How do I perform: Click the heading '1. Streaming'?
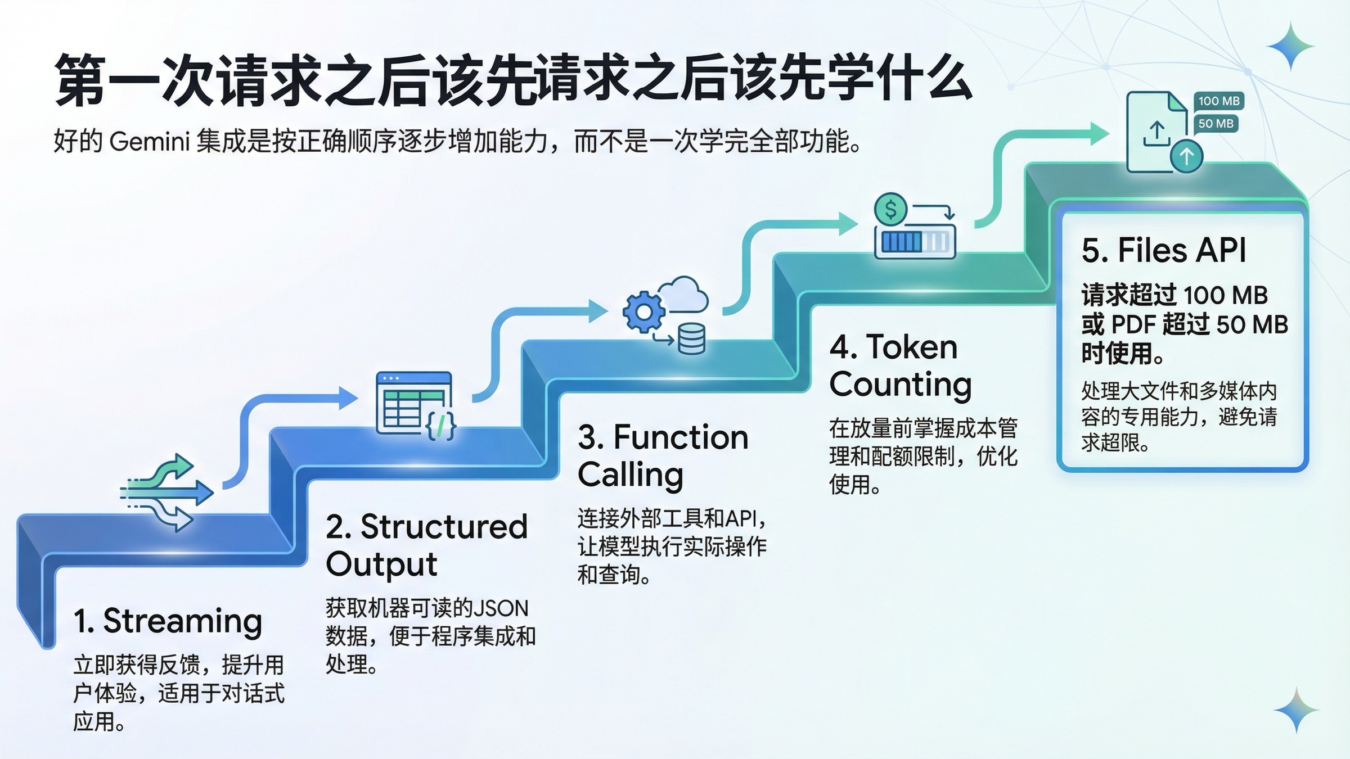pos(168,621)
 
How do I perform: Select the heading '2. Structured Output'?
pos(426,545)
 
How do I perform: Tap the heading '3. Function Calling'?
pos(662,455)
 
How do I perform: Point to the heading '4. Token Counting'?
pos(900,365)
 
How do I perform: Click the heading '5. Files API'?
pos(1163,250)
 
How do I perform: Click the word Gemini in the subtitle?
pos(149,141)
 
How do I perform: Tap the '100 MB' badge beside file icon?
pos(1218,101)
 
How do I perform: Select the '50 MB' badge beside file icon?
pos(1216,124)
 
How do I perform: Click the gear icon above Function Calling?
pos(643,311)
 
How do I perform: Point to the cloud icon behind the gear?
pos(683,293)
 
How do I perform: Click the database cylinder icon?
pos(691,338)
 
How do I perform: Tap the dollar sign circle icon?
pos(890,210)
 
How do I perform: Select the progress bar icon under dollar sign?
pos(915,242)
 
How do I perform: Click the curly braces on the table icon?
pos(441,426)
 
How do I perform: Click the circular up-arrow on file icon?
pos(1186,156)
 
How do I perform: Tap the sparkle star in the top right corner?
pos(1289,47)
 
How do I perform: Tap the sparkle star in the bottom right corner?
pos(1296,710)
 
